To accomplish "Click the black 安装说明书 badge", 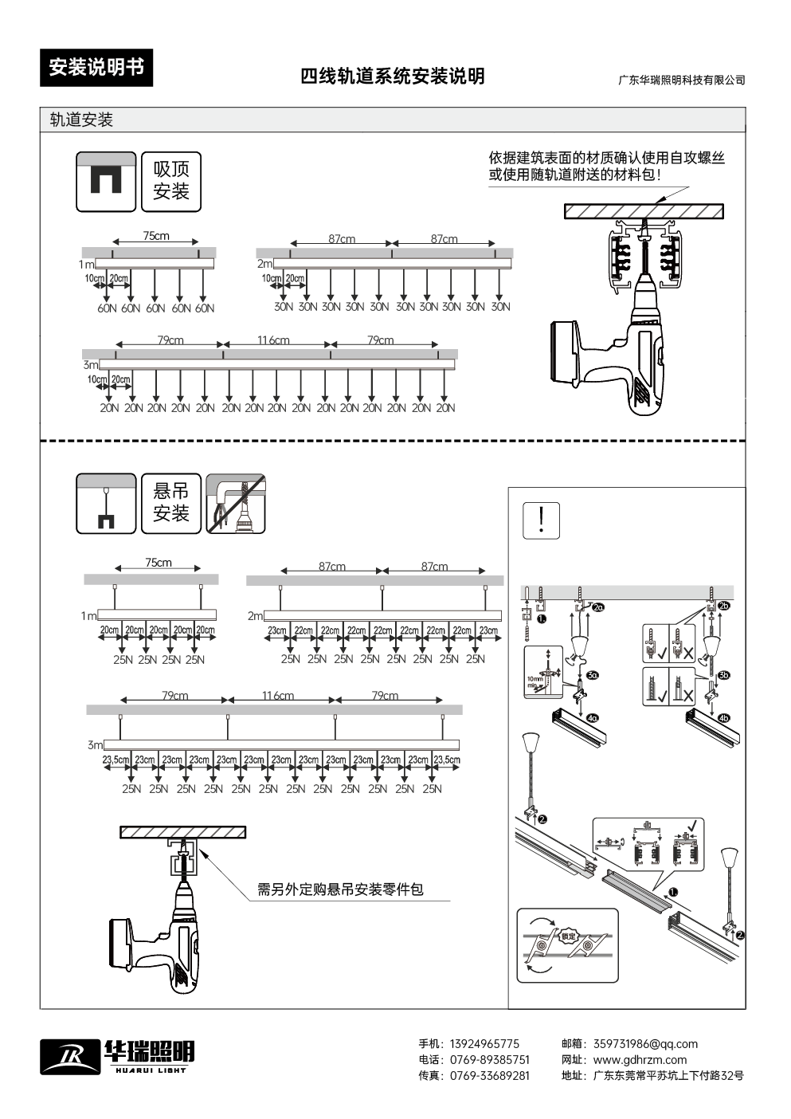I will [96, 68].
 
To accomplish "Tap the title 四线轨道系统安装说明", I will [392, 77].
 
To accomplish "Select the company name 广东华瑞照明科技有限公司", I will [682, 80].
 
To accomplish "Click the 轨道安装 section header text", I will [81, 120].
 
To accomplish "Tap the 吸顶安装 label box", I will [171, 181].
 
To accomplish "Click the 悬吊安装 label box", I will [171, 503].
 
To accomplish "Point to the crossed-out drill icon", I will [236, 504].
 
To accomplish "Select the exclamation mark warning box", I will [542, 520].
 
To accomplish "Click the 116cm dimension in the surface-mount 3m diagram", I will [273, 340].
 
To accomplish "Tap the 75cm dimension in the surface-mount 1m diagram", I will [156, 236].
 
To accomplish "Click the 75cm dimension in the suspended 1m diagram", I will [159, 563].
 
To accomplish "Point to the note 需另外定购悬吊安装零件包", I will [340, 889].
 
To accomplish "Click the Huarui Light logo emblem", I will [70, 1057].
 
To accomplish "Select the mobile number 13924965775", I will [484, 1044].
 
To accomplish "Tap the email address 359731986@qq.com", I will [645, 1044].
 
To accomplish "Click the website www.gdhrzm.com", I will [640, 1060].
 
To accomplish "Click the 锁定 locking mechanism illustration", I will [567, 945].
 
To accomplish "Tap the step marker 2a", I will [599, 607].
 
